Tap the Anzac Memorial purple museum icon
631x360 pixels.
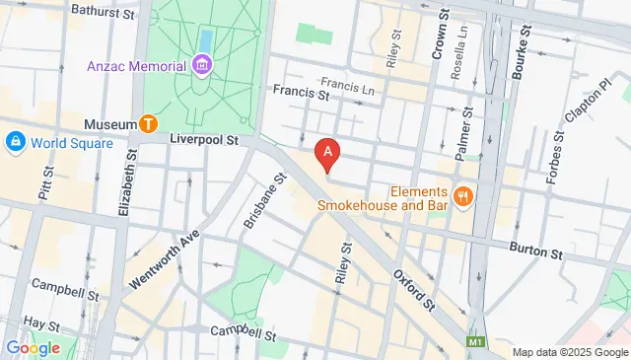[202, 66]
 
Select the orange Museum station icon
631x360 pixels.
[148, 123]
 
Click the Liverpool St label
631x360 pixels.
[205, 141]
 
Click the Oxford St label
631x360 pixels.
[415, 286]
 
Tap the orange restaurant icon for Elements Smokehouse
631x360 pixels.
[460, 196]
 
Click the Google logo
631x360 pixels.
[33, 347]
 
